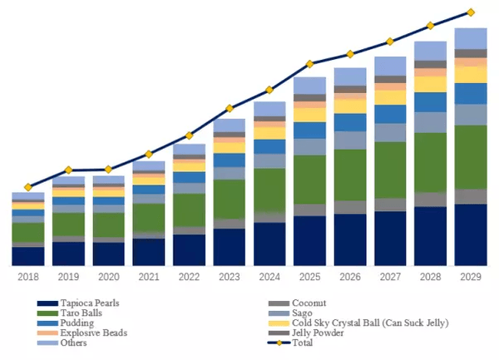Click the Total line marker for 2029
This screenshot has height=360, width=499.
pyautogui.click(x=471, y=12)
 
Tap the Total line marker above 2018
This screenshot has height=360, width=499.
pyautogui.click(x=28, y=187)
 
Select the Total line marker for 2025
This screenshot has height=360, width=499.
pyautogui.click(x=309, y=63)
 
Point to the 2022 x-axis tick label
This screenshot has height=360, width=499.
pyautogui.click(x=189, y=276)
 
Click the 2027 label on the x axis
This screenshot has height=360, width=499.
pyautogui.click(x=390, y=276)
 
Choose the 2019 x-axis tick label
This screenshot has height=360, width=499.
pyautogui.click(x=68, y=276)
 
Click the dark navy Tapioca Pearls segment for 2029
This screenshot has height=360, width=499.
pyautogui.click(x=471, y=234)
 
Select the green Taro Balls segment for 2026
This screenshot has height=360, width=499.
pyautogui.click(x=350, y=175)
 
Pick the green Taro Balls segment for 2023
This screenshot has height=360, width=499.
pyautogui.click(x=230, y=199)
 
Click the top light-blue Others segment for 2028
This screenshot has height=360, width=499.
pyautogui.click(x=430, y=51)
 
